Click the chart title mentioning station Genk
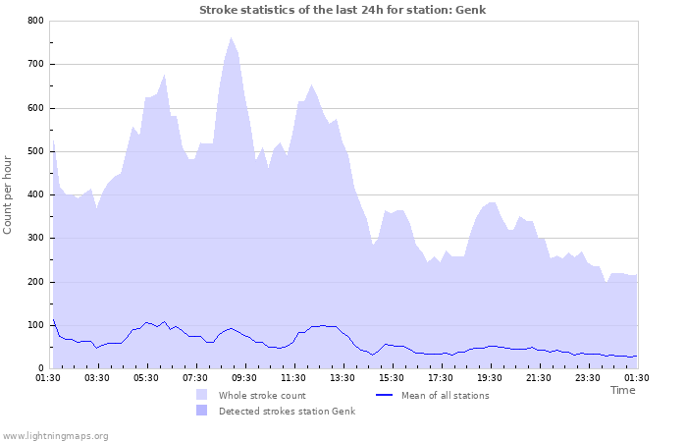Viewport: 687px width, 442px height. [343, 10]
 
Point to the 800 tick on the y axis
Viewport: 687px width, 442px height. [35, 21]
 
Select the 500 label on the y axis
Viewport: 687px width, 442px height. [35, 151]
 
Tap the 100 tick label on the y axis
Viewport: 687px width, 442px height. [35, 325]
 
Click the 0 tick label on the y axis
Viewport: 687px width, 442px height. [40, 368]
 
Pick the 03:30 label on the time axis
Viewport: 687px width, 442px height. [97, 377]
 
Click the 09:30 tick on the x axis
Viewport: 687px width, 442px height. [244, 377]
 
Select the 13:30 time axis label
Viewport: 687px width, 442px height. [343, 377]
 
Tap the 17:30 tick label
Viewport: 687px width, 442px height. [441, 377]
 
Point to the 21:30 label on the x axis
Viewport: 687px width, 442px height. [539, 377]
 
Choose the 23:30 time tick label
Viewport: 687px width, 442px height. [588, 377]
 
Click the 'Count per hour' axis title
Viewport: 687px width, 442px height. [9, 194]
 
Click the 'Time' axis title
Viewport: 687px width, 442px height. [622, 390]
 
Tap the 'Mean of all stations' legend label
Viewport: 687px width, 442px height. [445, 395]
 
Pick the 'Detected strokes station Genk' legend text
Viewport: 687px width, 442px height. [287, 411]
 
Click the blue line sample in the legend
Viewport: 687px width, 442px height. [387, 395]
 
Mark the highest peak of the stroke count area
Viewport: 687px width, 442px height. [231, 38]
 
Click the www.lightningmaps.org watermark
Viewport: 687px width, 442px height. [55, 435]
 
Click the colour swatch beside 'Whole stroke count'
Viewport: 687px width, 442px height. [202, 395]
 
